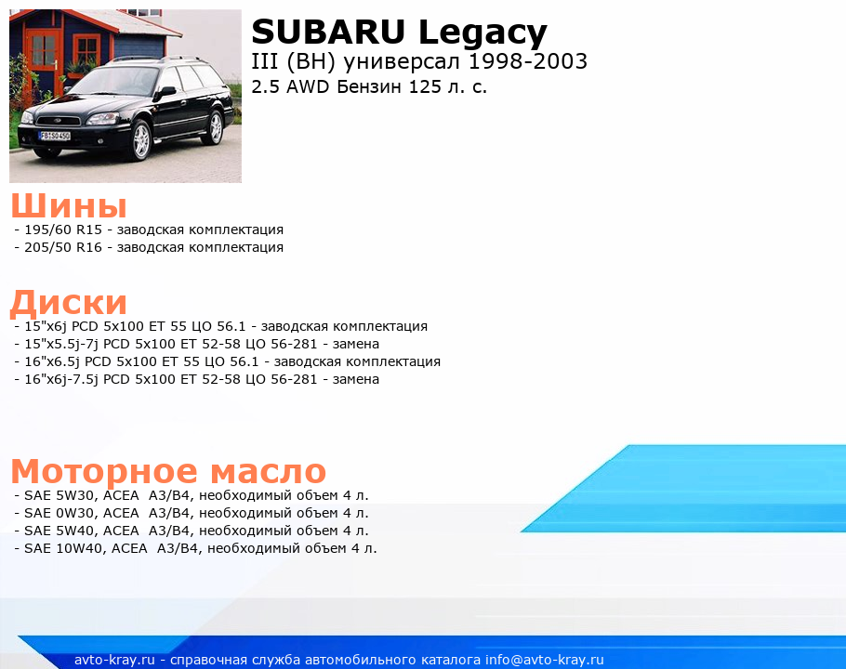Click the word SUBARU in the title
328,32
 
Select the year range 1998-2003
528,61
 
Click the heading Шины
69,205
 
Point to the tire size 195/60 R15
63,230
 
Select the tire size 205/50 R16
63,247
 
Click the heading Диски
69,302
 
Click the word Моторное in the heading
104,472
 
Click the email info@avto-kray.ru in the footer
545,660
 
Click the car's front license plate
55,136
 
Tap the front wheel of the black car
140,140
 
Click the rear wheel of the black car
215,127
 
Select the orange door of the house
42,60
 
